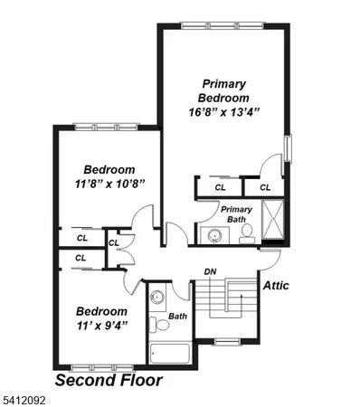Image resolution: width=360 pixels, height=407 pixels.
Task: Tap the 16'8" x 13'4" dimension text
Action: [223, 113]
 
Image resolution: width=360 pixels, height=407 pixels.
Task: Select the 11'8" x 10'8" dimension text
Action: [109, 184]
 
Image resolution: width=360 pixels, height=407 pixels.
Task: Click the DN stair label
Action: [210, 271]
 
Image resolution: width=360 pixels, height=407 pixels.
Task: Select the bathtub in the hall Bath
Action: [169, 352]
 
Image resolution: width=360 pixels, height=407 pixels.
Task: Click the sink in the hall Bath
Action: [157, 297]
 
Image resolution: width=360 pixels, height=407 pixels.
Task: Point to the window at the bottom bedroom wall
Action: [95, 367]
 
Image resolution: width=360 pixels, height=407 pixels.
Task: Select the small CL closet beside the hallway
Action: [114, 242]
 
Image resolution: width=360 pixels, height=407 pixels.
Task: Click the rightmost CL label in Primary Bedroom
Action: [265, 187]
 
